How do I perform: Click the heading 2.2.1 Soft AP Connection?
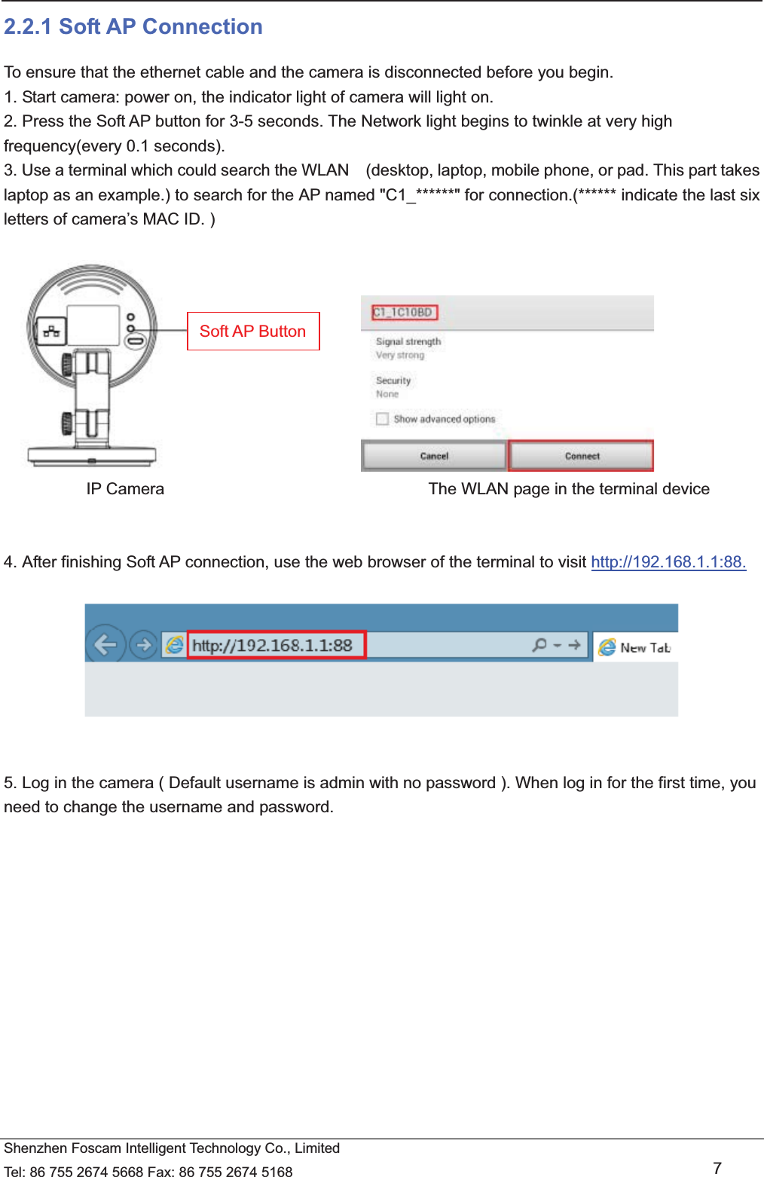133,27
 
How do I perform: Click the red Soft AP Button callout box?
253,332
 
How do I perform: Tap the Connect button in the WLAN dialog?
582,456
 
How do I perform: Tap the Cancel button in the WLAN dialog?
434,456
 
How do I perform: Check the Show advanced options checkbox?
382,419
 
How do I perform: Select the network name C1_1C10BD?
404,312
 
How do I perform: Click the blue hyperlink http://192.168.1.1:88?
668,562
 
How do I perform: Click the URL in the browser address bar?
272,646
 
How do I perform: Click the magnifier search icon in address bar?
539,645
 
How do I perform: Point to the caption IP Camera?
125,489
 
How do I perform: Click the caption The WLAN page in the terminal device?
569,489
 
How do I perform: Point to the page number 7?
717,1168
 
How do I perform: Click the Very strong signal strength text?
400,355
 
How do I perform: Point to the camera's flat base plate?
92,455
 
